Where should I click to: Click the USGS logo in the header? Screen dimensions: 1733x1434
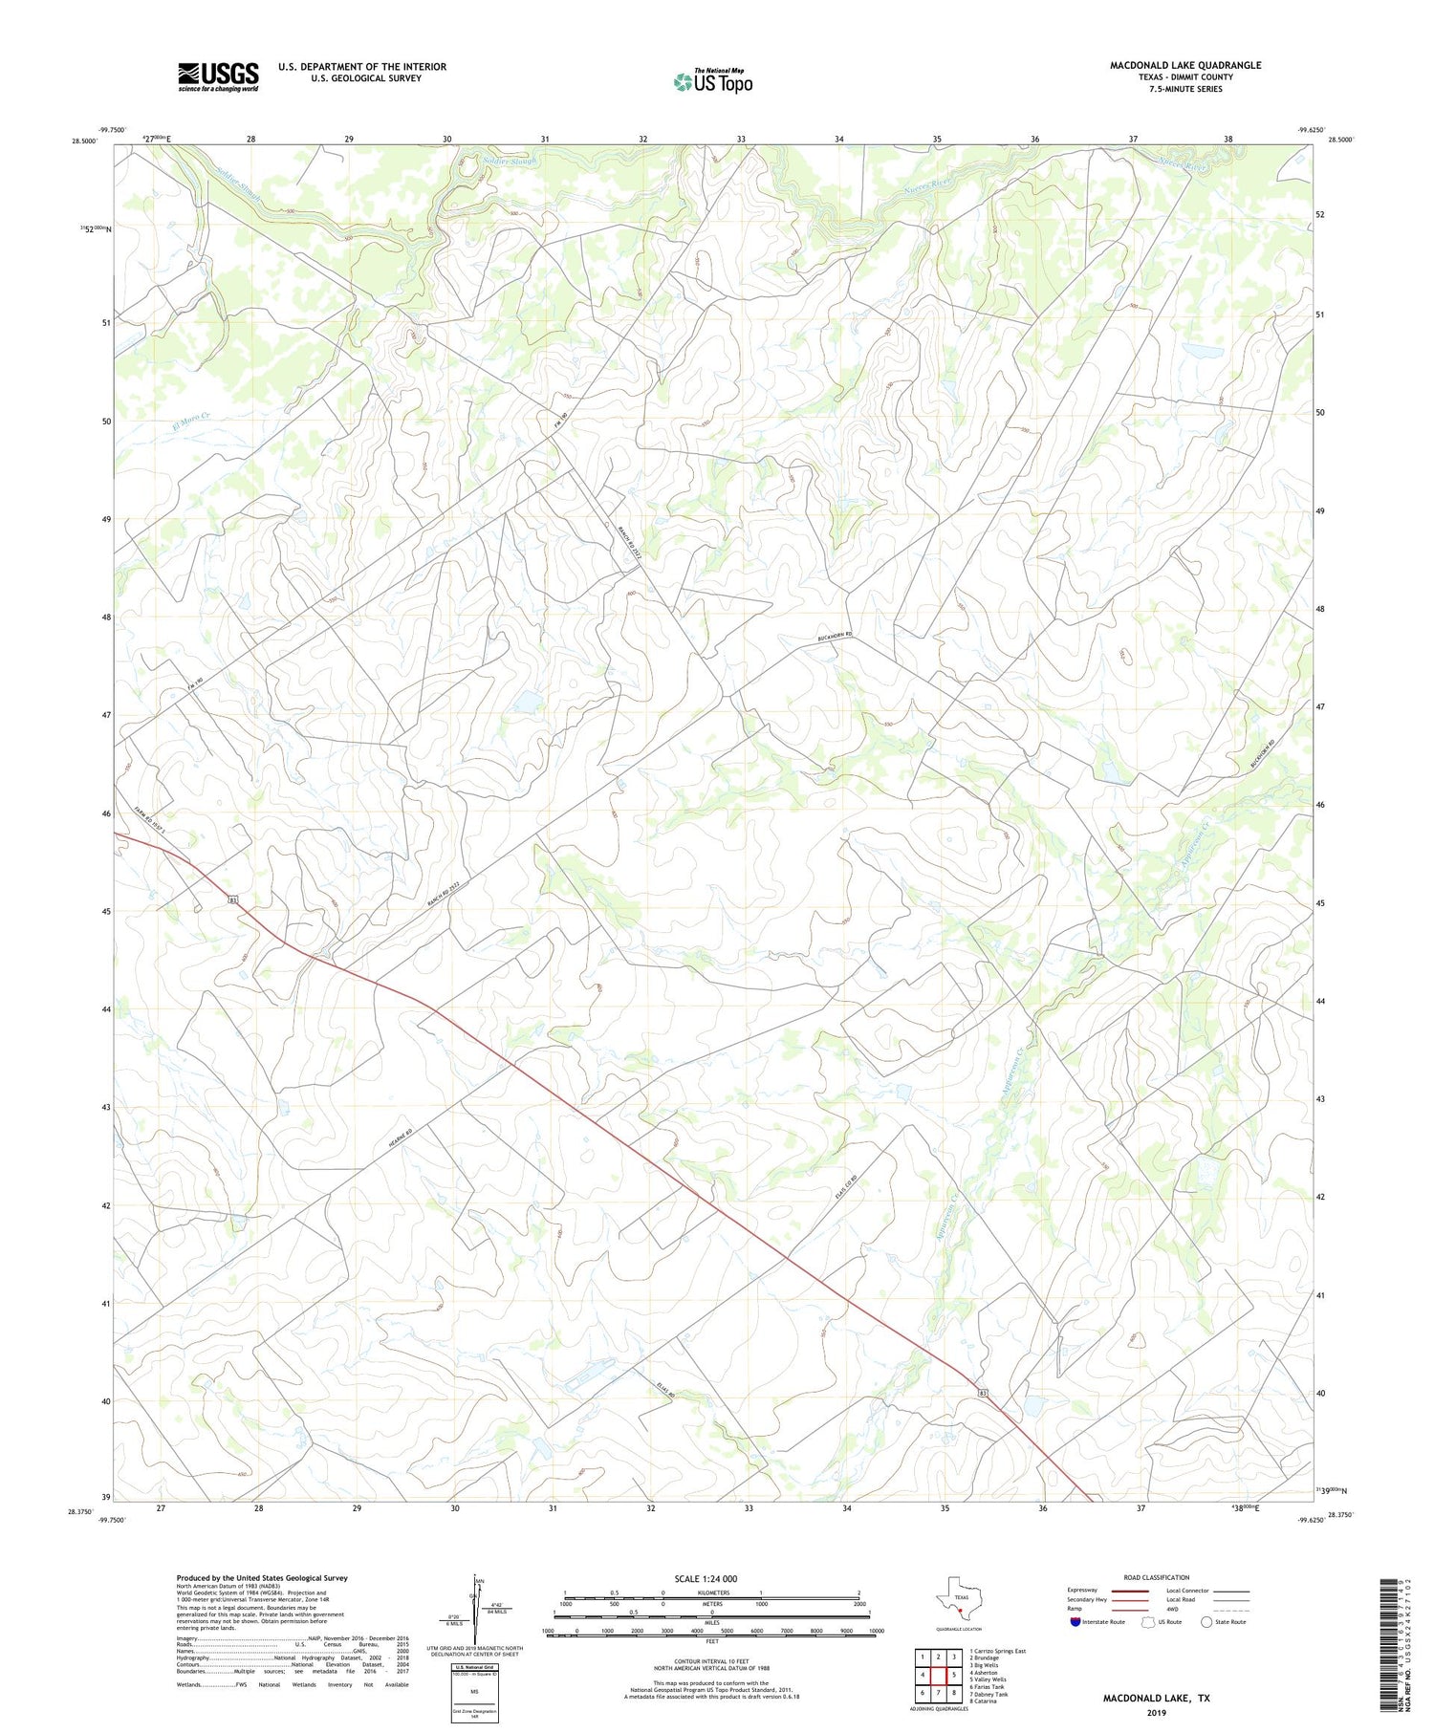pos(218,76)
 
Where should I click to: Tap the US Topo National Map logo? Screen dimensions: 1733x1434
pos(713,81)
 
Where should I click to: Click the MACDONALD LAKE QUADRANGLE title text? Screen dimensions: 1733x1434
pos(1184,65)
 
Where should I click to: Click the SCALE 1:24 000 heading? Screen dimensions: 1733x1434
pos(711,1578)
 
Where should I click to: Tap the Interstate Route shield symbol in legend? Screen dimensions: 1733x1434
pos(1075,1622)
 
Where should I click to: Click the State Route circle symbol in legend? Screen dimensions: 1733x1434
pos(1206,1622)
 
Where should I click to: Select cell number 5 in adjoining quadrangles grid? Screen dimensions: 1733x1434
pos(954,1675)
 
